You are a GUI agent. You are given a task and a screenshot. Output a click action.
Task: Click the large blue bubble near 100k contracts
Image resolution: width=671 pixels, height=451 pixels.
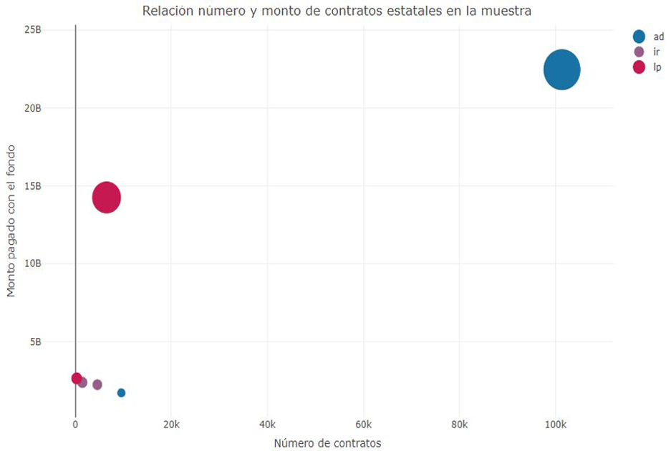pos(561,69)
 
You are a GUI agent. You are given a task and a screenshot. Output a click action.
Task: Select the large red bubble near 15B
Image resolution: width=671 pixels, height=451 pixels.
pos(107,198)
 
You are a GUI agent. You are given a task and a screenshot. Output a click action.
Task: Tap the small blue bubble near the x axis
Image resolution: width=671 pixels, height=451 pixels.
pos(121,392)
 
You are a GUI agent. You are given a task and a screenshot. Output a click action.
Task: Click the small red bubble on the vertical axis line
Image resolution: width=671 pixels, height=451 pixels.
pos(77,378)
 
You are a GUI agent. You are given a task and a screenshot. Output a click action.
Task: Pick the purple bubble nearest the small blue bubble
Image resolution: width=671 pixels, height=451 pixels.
pos(97,384)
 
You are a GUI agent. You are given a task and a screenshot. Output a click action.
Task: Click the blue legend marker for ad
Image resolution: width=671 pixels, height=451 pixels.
pos(639,37)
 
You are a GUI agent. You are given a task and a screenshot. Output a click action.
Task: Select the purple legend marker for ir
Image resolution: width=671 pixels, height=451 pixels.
pos(639,52)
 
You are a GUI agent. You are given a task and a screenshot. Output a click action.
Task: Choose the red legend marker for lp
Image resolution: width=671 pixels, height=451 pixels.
pos(639,67)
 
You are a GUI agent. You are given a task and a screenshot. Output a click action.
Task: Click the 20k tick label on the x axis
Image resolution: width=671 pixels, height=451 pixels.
pos(171,424)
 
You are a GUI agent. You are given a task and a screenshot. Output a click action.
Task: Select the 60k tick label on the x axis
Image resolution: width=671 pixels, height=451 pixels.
pos(363,424)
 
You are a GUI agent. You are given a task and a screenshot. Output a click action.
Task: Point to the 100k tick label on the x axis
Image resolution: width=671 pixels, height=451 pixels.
pos(555,424)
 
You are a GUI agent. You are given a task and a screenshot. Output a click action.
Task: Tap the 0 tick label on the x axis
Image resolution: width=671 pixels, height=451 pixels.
pos(75,424)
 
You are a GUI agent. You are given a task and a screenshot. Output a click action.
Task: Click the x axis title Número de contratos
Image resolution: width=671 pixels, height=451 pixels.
pos(327,443)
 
